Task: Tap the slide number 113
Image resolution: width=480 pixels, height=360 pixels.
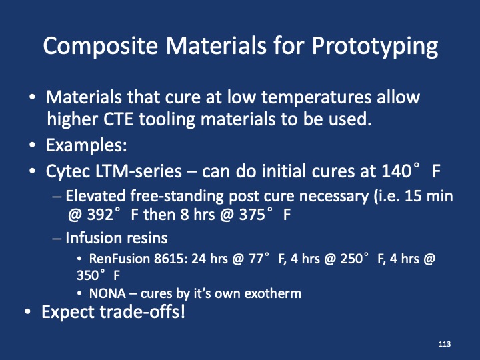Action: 445,344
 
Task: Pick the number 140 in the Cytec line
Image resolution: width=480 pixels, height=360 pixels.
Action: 391,171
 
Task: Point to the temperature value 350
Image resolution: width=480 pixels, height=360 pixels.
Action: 89,273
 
